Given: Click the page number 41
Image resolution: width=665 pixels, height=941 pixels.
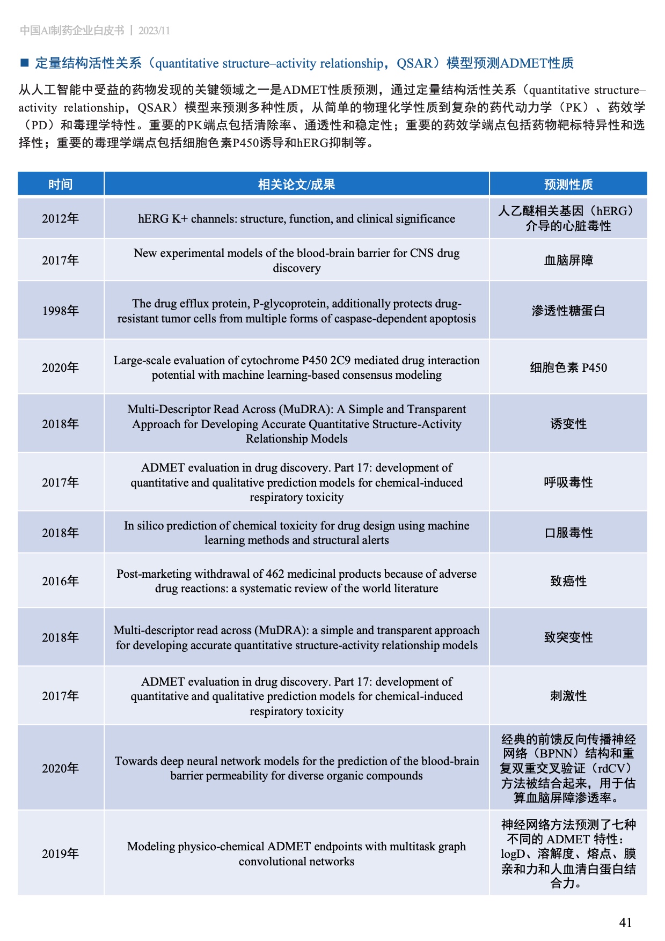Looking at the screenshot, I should (x=625, y=922).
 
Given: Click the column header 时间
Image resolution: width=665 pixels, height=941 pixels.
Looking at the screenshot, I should (x=60, y=185).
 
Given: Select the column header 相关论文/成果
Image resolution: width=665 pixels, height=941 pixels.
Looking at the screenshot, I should (x=296, y=185).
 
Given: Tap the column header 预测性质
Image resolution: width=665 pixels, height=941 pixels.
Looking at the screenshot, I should (x=568, y=185).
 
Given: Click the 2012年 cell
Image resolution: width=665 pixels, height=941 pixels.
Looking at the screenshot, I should (x=60, y=218).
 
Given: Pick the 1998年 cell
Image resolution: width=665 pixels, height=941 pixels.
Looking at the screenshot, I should (x=60, y=311).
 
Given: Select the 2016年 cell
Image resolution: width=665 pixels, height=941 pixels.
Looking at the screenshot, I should (x=60, y=581).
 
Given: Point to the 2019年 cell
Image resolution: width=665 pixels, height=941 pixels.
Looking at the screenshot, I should (x=60, y=854).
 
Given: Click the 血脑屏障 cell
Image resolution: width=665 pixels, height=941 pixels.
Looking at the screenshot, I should (x=568, y=260).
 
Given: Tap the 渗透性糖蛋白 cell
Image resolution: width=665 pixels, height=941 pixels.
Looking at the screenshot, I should (x=568, y=311).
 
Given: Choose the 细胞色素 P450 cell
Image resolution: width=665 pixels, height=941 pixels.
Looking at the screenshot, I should (x=568, y=367).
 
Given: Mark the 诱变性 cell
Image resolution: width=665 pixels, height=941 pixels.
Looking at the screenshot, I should (x=568, y=424).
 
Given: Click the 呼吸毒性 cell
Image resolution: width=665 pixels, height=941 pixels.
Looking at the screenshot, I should (x=568, y=482).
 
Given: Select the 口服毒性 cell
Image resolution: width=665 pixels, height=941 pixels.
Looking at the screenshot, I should (x=568, y=533).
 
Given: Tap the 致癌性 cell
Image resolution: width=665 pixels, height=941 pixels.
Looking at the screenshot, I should (x=568, y=581).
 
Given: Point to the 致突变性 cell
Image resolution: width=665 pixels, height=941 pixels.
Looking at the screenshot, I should (x=568, y=637).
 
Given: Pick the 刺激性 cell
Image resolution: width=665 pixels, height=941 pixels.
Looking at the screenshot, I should (x=568, y=696).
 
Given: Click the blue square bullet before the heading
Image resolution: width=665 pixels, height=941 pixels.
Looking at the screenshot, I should (x=24, y=63).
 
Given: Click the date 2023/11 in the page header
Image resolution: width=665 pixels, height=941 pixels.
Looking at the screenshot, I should (x=154, y=31).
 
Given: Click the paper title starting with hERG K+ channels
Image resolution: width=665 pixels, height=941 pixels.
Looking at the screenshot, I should (x=296, y=218).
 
